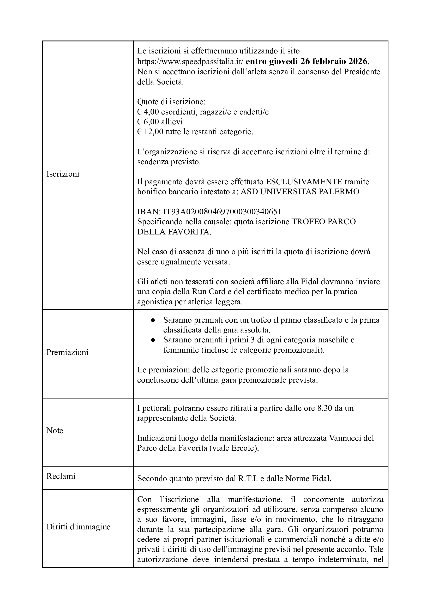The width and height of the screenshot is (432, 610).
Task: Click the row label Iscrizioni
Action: point(63,174)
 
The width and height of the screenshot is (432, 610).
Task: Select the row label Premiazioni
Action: point(67,352)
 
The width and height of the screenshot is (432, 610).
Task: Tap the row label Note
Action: point(55,431)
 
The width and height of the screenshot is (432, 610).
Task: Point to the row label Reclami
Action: point(61,476)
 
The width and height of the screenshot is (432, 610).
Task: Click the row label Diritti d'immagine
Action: point(79,527)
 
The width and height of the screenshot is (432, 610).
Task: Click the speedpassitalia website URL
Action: point(190,62)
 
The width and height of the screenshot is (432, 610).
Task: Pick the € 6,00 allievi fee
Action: point(160,122)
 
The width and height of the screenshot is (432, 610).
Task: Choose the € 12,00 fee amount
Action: point(150,132)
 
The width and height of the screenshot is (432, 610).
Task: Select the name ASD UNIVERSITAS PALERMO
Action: point(300,192)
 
